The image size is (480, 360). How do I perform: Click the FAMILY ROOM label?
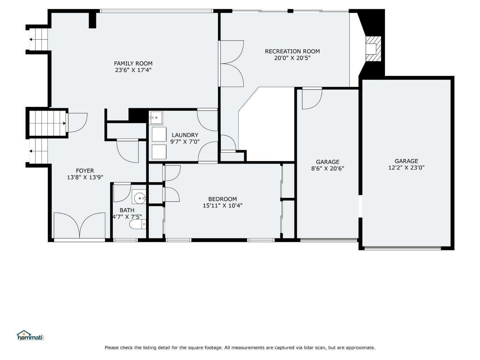(x=133, y=63)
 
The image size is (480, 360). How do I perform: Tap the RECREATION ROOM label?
(x=292, y=51)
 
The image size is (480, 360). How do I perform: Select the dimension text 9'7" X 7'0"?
(x=185, y=141)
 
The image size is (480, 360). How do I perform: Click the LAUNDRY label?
(x=185, y=135)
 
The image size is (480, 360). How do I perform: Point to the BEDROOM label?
(x=222, y=199)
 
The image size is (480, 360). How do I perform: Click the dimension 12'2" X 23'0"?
(x=406, y=168)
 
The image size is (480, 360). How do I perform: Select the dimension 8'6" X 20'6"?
(x=327, y=169)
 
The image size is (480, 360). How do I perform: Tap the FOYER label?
(x=85, y=171)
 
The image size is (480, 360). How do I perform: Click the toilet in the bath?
(x=138, y=224)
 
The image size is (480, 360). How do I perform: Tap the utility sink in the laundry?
(x=156, y=118)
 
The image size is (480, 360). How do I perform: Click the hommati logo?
(x=30, y=336)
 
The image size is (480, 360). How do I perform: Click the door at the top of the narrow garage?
(x=312, y=99)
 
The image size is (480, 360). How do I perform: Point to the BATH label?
(x=127, y=210)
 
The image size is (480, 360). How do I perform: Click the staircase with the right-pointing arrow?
(x=47, y=123)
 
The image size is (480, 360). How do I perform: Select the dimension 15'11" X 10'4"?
(x=222, y=206)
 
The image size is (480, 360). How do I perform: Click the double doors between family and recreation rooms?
(x=231, y=63)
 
